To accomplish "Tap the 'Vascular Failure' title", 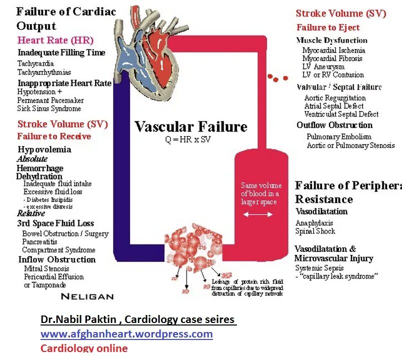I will click(x=190, y=126).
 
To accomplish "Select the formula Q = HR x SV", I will click(x=188, y=139).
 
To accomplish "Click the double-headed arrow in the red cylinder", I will click(x=258, y=214).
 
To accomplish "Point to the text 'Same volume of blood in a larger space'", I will click(x=260, y=193).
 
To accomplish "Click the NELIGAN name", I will click(x=87, y=296).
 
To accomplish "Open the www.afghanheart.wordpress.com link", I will click(x=126, y=333).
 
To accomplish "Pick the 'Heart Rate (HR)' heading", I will click(x=55, y=40).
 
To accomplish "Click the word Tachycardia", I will click(x=35, y=63).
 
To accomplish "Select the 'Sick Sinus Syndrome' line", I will click(x=49, y=108).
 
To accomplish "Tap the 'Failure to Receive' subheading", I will click(x=54, y=136).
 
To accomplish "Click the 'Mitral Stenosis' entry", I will click(x=46, y=268).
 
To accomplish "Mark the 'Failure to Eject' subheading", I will click(x=328, y=28).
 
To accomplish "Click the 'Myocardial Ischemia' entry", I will click(x=333, y=50).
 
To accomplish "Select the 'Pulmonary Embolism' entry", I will click(x=339, y=136).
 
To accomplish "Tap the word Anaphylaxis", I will click(x=314, y=223).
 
